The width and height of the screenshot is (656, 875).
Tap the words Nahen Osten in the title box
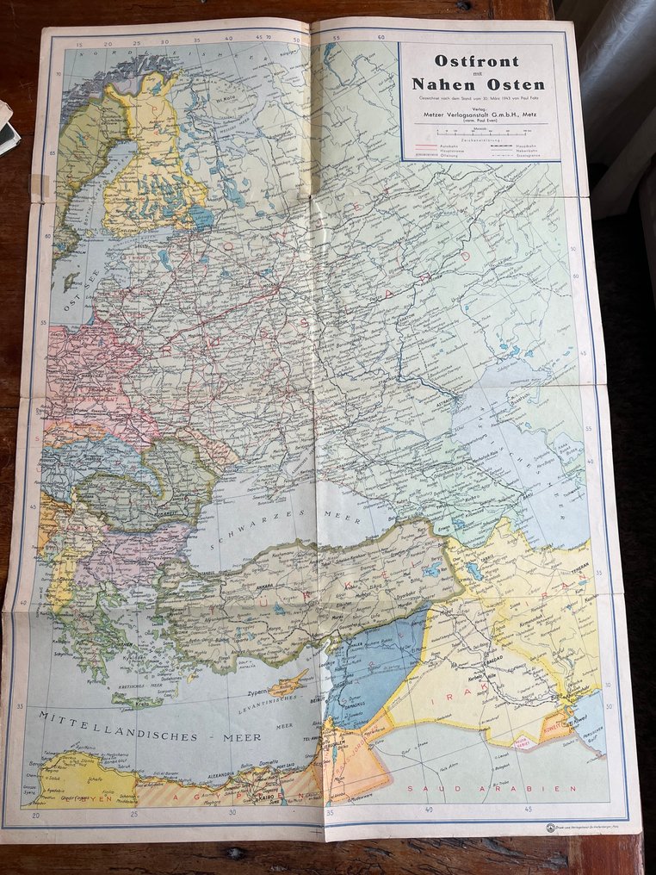[478, 84]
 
